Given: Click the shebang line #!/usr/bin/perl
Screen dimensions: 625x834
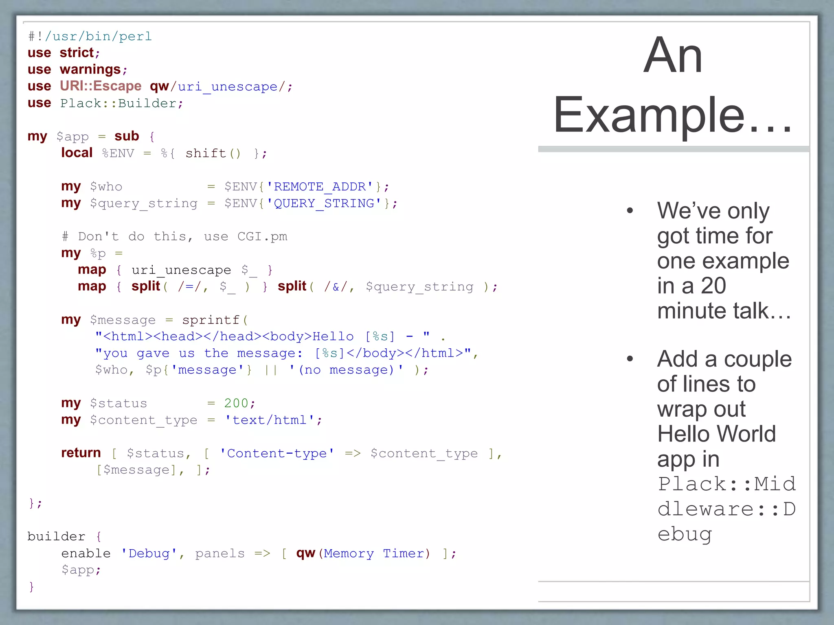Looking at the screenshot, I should click(90, 36).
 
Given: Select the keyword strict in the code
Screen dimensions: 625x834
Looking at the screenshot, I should click(77, 52).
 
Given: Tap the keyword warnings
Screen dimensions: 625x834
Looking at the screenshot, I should click(90, 70).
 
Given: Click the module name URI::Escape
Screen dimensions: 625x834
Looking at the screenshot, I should click(101, 86).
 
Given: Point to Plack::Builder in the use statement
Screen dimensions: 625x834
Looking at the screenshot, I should click(118, 103).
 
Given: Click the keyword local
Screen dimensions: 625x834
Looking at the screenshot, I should click(77, 153).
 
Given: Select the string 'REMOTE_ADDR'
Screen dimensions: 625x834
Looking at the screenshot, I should click(320, 186).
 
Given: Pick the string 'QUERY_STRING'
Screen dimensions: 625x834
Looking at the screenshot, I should click(324, 203).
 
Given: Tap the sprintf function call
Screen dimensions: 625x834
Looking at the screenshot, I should click(211, 320).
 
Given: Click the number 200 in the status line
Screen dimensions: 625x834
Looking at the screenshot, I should click(236, 403).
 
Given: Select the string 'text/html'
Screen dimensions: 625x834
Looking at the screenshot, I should click(270, 420).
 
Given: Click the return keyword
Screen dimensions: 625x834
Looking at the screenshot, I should click(81, 453).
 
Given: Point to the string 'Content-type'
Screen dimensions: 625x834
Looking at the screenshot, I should click(277, 453).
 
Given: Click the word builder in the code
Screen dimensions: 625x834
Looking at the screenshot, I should click(56, 536).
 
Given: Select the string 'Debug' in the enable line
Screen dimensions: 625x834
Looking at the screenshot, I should click(149, 553).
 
